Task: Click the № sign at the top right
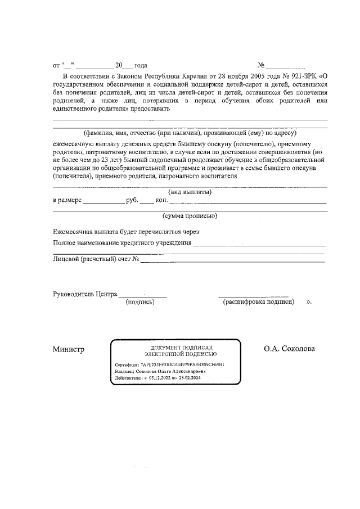[260, 65]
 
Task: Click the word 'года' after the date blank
[140, 65]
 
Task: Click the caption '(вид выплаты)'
[190, 192]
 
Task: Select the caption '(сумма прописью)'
[190, 216]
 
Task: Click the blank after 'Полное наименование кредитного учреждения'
[259, 244]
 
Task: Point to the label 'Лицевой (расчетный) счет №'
[96, 259]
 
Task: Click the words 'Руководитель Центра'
[84, 294]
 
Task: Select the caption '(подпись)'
[139, 302]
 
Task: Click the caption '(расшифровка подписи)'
[259, 302]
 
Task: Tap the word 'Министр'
[68, 349]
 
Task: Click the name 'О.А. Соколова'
[289, 349]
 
